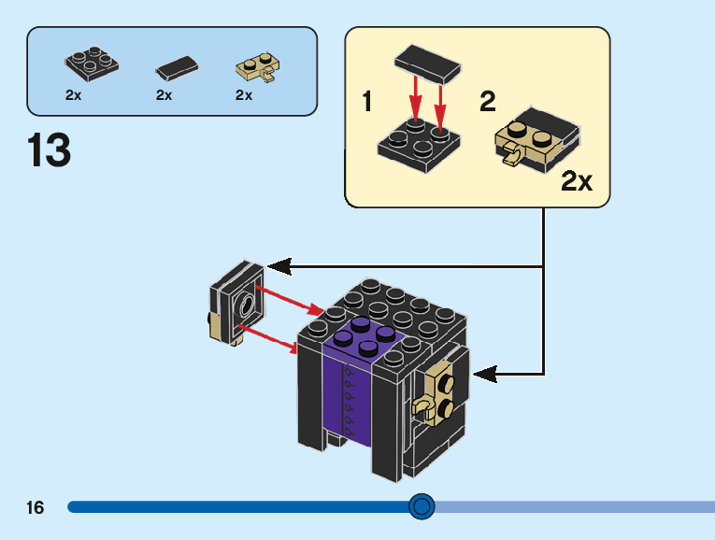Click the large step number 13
click(50, 150)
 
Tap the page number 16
click(36, 508)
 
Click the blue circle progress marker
click(422, 506)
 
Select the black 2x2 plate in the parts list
click(92, 63)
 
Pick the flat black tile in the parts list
click(177, 67)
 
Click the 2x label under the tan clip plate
click(244, 95)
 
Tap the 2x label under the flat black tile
click(164, 95)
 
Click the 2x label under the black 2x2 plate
click(74, 95)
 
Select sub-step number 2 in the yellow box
click(487, 102)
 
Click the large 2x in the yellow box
click(577, 180)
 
